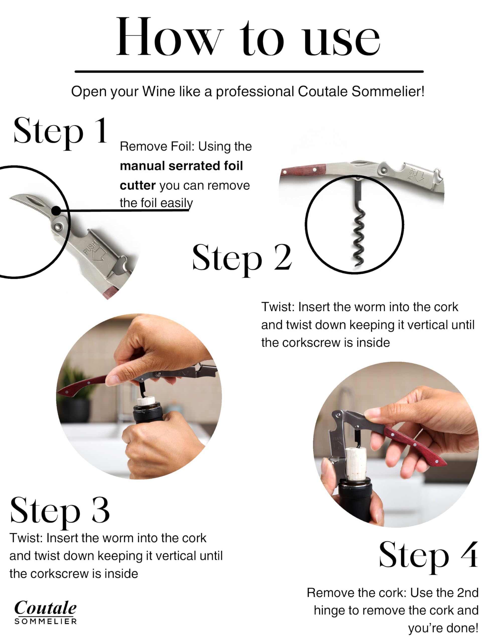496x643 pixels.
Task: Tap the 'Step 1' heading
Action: point(60,132)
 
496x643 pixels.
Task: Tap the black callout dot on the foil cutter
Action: point(56,211)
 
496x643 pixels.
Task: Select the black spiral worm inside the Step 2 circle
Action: point(360,236)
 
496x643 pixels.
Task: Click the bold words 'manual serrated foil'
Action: point(181,166)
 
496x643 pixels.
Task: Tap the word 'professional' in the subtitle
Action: point(255,92)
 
